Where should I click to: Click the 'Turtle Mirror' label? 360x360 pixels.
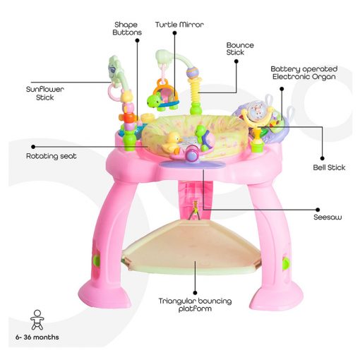tap(179, 25)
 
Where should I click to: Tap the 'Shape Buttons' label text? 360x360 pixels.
tap(127, 28)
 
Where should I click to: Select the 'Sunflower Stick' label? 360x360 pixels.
tap(44, 93)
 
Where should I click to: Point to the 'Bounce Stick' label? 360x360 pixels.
tap(240, 49)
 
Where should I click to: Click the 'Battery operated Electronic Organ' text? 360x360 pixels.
tap(304, 73)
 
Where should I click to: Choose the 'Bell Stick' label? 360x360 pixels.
tap(329, 167)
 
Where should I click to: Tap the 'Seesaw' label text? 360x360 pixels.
tap(328, 217)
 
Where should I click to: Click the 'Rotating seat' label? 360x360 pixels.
tap(52, 156)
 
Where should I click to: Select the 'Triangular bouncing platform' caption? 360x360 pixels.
tap(195, 304)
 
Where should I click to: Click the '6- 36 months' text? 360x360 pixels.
tap(37, 337)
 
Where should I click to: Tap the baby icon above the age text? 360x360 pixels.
tap(37, 320)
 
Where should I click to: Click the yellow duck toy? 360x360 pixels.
tap(172, 143)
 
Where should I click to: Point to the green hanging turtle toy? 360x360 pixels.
tap(154, 102)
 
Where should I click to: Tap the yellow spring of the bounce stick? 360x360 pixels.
tap(196, 90)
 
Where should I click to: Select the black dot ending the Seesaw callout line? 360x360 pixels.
tap(318, 210)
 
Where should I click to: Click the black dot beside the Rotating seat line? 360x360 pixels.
tap(33, 147)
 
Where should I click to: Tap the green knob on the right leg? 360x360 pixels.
tap(286, 263)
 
